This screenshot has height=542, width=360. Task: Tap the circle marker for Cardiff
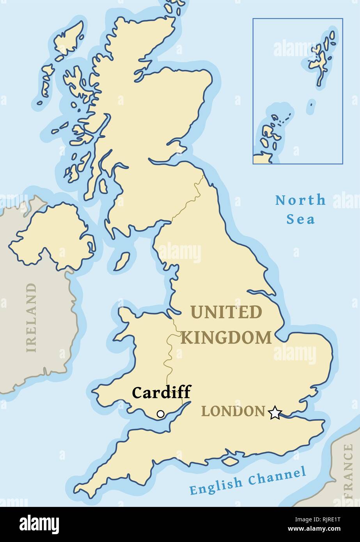[160, 414]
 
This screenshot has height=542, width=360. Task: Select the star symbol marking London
[275, 413]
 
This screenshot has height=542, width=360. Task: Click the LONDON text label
[233, 411]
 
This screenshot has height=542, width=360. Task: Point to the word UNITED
[226, 312]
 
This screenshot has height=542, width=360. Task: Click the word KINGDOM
[226, 338]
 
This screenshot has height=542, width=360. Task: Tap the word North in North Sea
[300, 200]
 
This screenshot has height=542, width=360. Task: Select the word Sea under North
[300, 219]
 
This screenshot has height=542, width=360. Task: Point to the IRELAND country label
[31, 317]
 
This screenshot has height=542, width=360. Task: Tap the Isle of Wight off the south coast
[231, 461]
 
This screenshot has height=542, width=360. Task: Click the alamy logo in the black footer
[39, 524]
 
